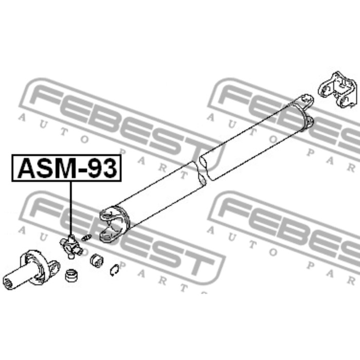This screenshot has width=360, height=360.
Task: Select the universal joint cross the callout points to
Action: [x=70, y=247]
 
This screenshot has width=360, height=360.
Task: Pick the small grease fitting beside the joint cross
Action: [x=86, y=238]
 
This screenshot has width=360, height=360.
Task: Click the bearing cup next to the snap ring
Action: [x=97, y=260]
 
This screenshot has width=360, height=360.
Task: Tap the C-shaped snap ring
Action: [x=114, y=270]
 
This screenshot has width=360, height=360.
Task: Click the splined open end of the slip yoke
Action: [x=8, y=283]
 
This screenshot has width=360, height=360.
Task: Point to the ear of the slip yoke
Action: [x=53, y=266]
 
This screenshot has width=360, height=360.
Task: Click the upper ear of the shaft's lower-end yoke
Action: [x=107, y=214]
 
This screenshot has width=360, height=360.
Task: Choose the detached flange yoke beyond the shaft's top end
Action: [x=337, y=89]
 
